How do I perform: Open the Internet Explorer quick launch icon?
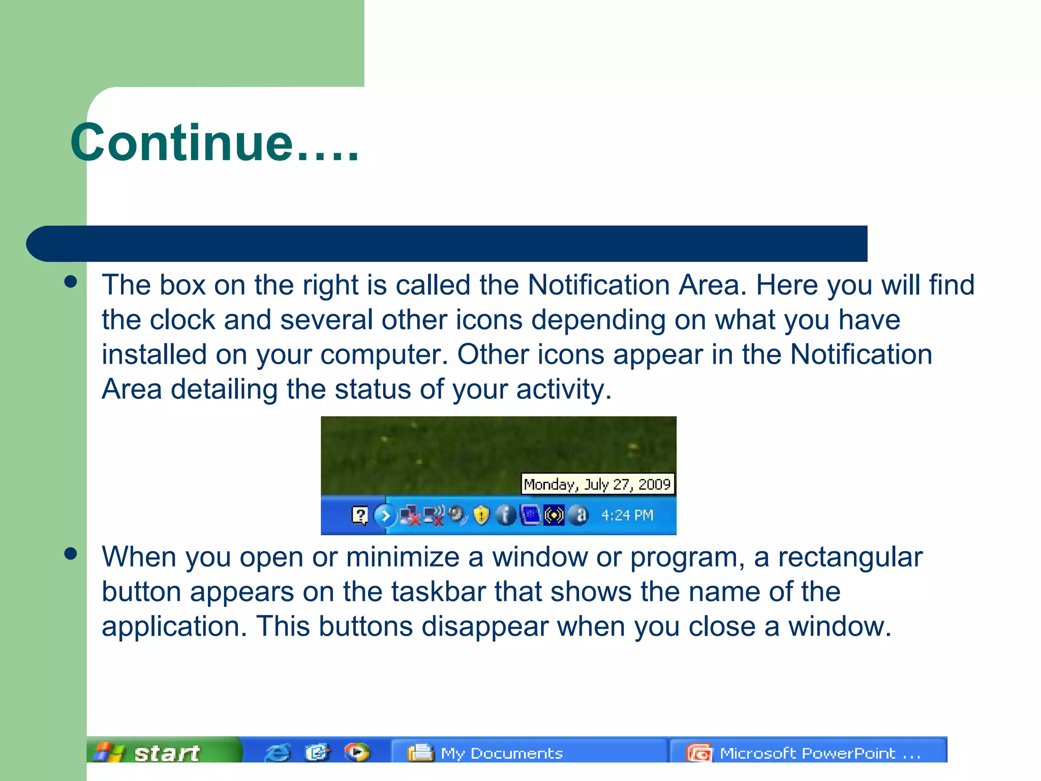coord(278,752)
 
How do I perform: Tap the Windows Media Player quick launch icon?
coord(357,752)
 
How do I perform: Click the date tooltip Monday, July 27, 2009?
coord(598,484)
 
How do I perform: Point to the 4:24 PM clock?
coord(627,516)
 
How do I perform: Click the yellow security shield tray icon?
coord(481,515)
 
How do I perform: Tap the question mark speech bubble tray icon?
coord(360,515)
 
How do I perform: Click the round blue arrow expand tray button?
coord(385,516)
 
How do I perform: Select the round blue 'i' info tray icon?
coord(505,515)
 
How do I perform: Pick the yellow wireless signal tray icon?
coord(554,515)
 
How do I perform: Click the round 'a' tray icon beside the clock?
coord(579,515)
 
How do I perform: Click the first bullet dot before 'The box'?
coord(71,282)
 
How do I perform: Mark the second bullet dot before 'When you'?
coord(71,553)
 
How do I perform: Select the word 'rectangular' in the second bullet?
coord(850,557)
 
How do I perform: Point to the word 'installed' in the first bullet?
coord(154,354)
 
